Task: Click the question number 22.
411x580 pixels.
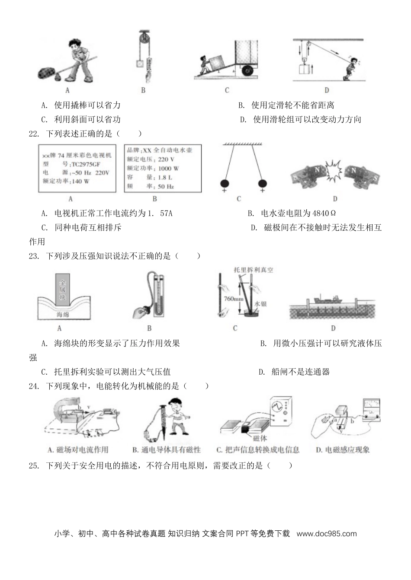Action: pos(33,134)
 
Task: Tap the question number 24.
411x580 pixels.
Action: pos(33,386)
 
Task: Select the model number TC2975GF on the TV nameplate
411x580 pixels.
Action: pos(90,164)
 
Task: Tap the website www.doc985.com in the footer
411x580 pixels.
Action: pos(327,533)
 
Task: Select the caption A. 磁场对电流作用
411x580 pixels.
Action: pos(78,450)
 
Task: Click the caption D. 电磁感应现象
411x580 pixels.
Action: pos(342,450)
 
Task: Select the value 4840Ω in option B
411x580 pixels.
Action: pos(320,213)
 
